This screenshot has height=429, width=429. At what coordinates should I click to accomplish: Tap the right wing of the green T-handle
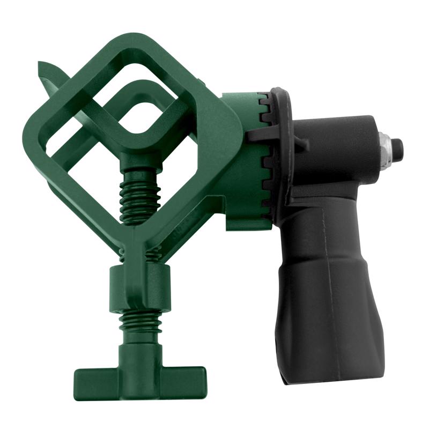coord(185,375)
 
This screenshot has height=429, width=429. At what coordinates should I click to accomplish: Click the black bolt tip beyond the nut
coord(397,145)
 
